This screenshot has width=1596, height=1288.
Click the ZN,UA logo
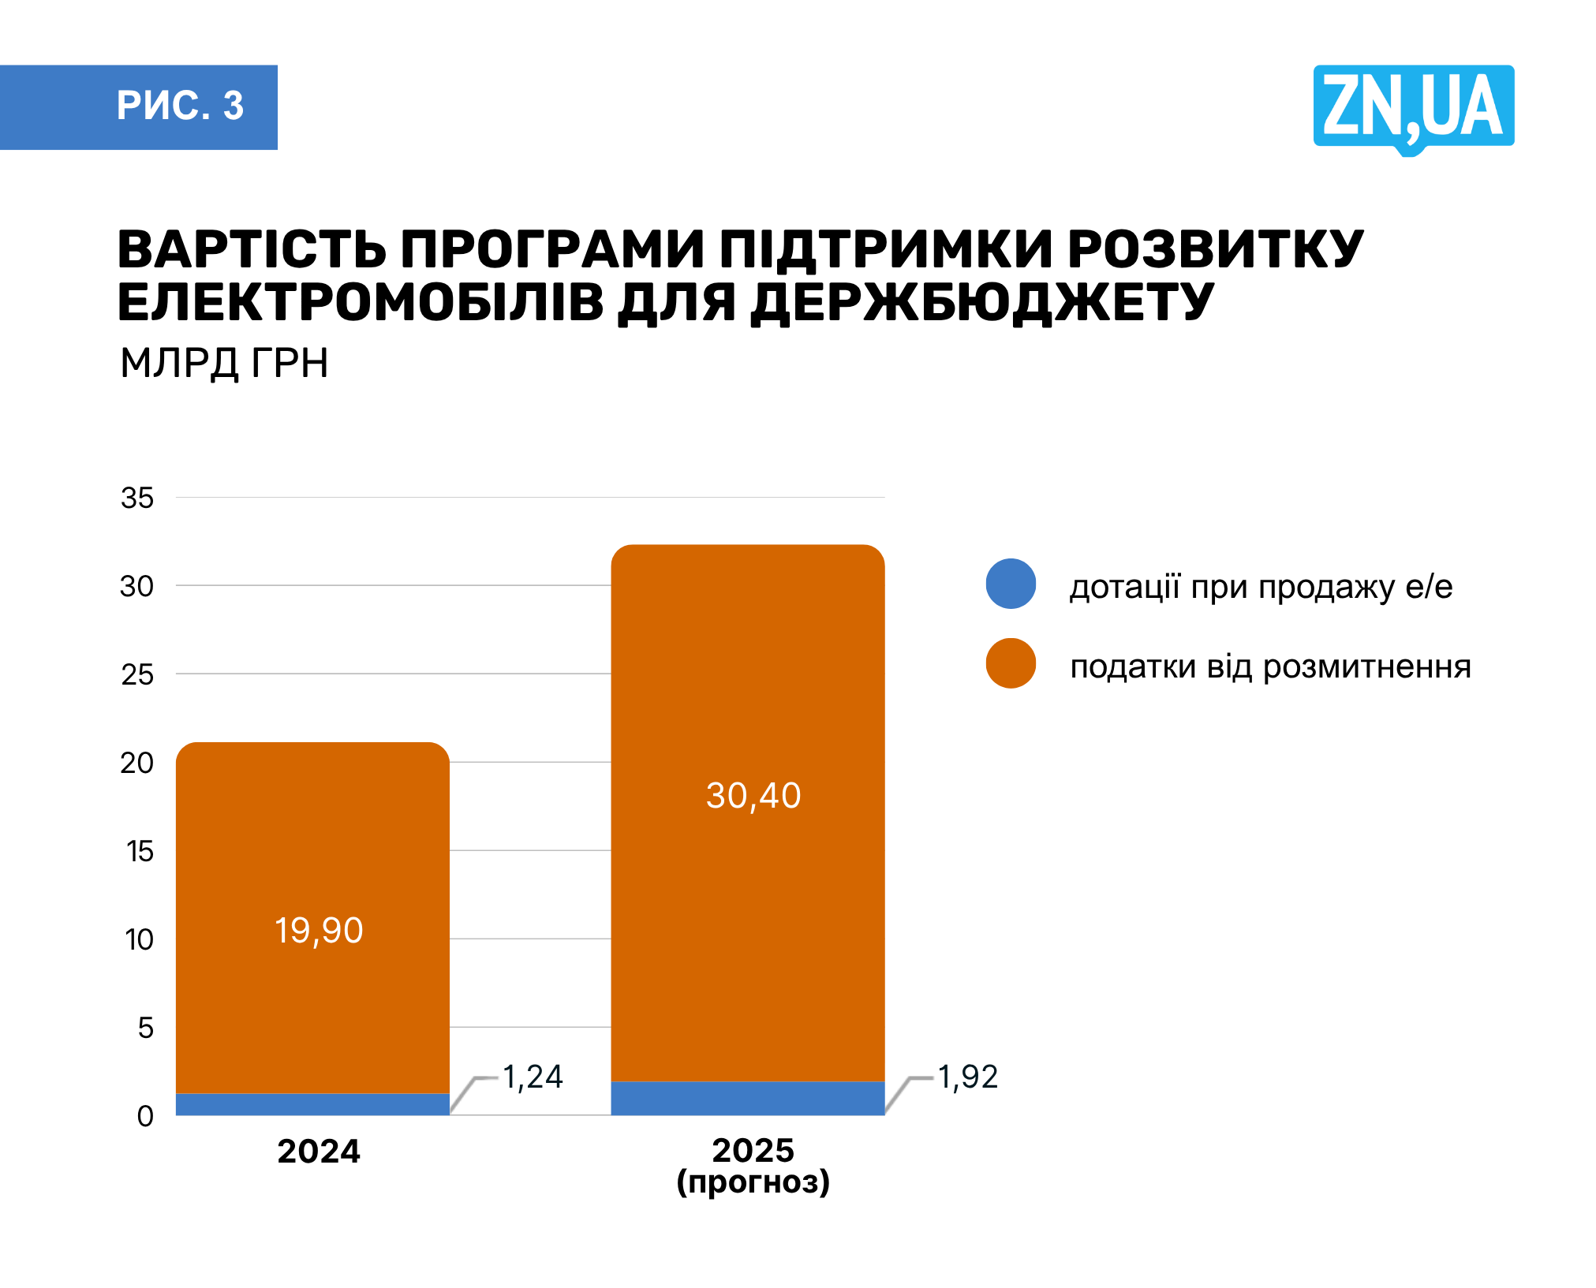pos(1412,107)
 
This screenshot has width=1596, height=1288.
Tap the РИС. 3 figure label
pos(180,106)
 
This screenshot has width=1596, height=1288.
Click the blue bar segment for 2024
pos(312,1104)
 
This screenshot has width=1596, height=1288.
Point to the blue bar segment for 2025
pos(747,1098)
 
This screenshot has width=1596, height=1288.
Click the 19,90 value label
pos(319,931)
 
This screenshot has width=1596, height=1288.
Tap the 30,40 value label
pos(753,796)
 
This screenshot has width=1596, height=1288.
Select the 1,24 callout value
pos(533,1077)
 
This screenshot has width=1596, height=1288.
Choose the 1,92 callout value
pos(967,1077)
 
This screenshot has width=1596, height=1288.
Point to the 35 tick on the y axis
pos(137,498)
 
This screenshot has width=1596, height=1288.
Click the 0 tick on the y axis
pos(145,1116)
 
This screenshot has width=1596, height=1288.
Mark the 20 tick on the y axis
pos(137,763)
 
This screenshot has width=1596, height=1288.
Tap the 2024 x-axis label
pos(319,1152)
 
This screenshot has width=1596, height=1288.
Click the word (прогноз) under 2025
pos(753,1182)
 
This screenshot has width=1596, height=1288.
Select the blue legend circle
pos(1011,584)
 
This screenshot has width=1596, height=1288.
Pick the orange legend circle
pos(1011,663)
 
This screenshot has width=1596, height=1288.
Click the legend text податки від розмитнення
pos(1270,667)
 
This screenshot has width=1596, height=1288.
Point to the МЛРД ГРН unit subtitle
pos(224,364)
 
